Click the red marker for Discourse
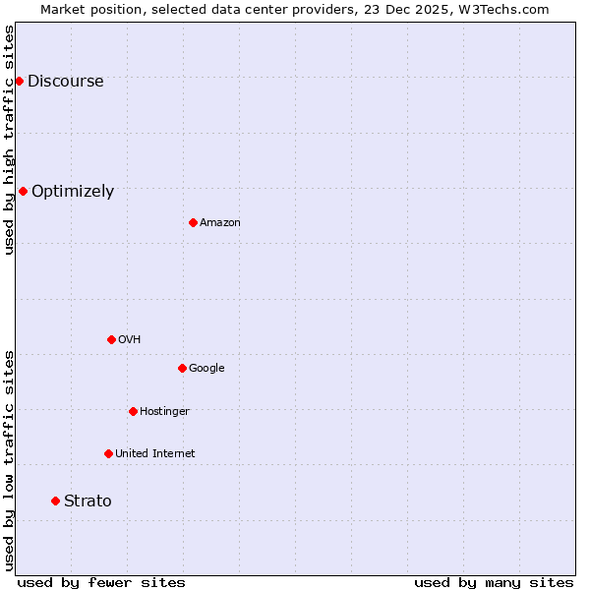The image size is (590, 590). pyautogui.click(x=19, y=81)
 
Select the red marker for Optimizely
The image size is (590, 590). pyautogui.click(x=23, y=191)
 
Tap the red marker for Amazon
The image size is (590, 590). pyautogui.click(x=193, y=222)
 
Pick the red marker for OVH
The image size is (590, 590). pyautogui.click(x=111, y=339)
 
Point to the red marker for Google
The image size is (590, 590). pyautogui.click(x=182, y=368)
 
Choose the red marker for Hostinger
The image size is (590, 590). pyautogui.click(x=133, y=411)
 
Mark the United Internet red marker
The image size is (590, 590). pyautogui.click(x=108, y=453)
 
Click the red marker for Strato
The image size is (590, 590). pyautogui.click(x=55, y=501)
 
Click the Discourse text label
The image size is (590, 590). pyautogui.click(x=65, y=82)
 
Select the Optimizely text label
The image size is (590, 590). pyautogui.click(x=73, y=192)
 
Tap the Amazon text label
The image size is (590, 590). pyautogui.click(x=220, y=223)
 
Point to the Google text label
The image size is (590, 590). pyautogui.click(x=206, y=369)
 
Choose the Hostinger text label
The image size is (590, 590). pyautogui.click(x=164, y=412)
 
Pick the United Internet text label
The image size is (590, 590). pyautogui.click(x=154, y=454)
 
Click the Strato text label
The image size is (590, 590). pyautogui.click(x=88, y=501)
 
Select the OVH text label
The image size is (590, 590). pyautogui.click(x=129, y=340)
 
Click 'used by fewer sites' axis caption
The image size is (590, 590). pyautogui.click(x=101, y=582)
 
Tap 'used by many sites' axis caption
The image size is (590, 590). pyautogui.click(x=494, y=582)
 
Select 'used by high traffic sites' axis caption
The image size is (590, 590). pyautogui.click(x=9, y=140)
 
